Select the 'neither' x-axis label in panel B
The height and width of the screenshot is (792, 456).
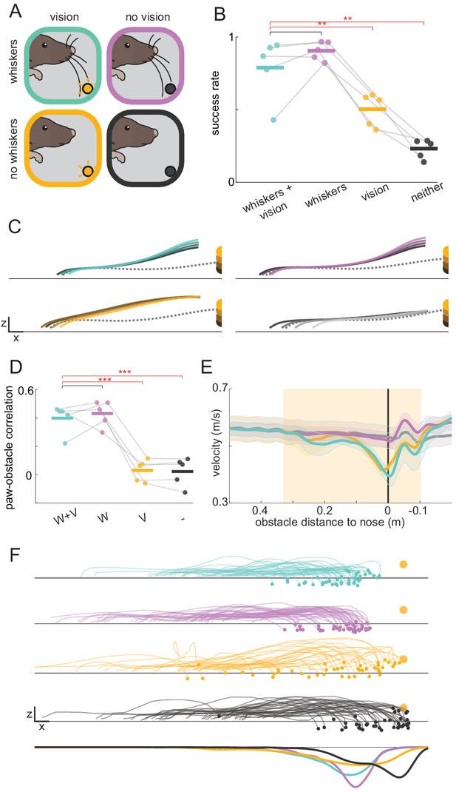[x=426, y=192]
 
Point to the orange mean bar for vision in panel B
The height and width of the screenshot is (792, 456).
[x=372, y=109]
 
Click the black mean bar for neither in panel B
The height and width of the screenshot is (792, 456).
[x=423, y=149]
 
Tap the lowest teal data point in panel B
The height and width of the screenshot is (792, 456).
[x=273, y=120]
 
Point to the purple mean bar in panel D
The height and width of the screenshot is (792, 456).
[x=102, y=414]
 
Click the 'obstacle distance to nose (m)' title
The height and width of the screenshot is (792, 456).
[x=330, y=523]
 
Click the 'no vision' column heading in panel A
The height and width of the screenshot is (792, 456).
[x=147, y=18]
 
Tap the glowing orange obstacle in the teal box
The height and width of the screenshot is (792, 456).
[x=86, y=90]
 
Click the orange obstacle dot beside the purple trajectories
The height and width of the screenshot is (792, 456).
[x=403, y=610]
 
